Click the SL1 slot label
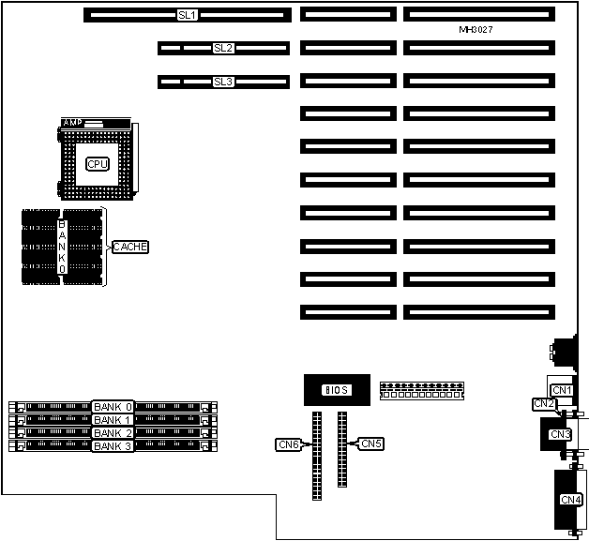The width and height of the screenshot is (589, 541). coord(188,15)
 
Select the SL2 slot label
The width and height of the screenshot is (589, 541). coord(223,48)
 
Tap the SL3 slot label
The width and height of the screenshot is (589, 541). coord(223,82)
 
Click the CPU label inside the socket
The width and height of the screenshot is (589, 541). coord(98,164)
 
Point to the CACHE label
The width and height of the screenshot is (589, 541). coord(130,247)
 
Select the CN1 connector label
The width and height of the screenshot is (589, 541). coord(561,390)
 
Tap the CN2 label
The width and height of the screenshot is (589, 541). coord(543,404)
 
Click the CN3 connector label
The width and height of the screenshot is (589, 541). coord(560,434)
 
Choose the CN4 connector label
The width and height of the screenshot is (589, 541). coord(570,500)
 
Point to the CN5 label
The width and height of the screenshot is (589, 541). coord(371,443)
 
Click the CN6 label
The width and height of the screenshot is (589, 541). coord(288,444)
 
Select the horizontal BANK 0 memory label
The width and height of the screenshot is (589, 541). coord(113,407)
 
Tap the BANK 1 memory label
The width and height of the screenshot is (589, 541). coord(113,420)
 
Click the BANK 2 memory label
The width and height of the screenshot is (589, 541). coord(113,433)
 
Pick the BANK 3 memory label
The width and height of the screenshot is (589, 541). coord(113,446)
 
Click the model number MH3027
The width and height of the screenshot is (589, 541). coord(476,30)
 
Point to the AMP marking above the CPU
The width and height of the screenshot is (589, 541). coord(73,123)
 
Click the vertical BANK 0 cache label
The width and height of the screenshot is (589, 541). coord(62,247)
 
